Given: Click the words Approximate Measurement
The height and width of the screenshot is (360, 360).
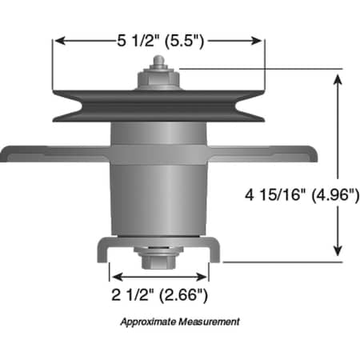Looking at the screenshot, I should tap(179, 322).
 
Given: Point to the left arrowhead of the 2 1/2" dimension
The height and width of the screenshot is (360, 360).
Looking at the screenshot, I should tap(113, 274).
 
